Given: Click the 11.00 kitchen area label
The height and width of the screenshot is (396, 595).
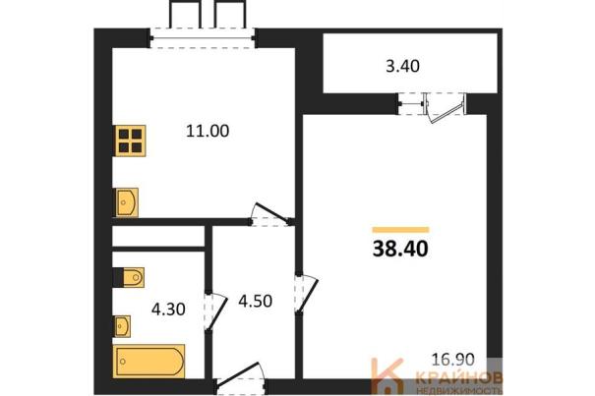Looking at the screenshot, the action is [x=208, y=132].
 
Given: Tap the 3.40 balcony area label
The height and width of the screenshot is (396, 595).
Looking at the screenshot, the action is [x=402, y=67].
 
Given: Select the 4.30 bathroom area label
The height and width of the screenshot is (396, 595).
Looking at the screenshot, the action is [x=168, y=310].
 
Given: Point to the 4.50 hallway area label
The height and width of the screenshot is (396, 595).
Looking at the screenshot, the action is [x=255, y=301].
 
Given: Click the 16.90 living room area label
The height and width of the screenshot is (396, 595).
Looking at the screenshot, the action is [x=453, y=360].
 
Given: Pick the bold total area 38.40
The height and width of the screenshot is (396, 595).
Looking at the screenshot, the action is [x=400, y=250].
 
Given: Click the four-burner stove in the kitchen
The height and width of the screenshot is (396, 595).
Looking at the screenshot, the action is [x=130, y=141].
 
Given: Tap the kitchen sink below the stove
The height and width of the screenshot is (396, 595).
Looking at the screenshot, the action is [x=126, y=202].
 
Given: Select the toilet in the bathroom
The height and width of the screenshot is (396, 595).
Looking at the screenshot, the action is [x=129, y=278].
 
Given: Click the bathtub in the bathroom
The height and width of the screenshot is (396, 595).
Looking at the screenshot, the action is [x=149, y=362].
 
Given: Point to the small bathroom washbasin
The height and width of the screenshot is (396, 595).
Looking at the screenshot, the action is [x=123, y=326].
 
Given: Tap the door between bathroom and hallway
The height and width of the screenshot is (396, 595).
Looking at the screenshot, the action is [x=215, y=312].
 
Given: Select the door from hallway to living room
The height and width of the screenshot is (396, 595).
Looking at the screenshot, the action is [x=307, y=294].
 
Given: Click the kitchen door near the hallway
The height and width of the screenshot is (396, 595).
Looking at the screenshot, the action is [x=270, y=214].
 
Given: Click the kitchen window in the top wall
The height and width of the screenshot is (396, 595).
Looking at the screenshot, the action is [x=203, y=38].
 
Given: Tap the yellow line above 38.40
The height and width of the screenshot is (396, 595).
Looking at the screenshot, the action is [x=400, y=230].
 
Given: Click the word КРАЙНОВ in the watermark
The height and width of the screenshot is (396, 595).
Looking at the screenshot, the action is [x=459, y=377].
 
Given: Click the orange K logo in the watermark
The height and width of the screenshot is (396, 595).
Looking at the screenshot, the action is [x=387, y=376].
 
